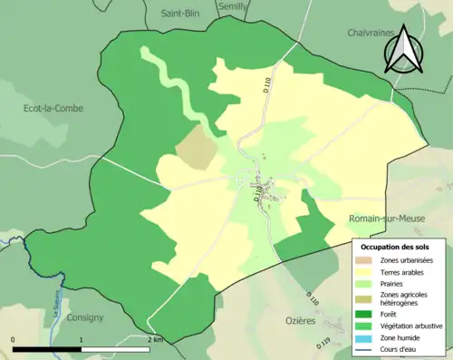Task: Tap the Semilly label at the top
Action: point(234,5)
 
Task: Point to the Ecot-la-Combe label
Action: point(53,108)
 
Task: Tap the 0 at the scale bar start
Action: point(14,339)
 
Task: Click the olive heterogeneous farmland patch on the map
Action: point(195,147)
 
